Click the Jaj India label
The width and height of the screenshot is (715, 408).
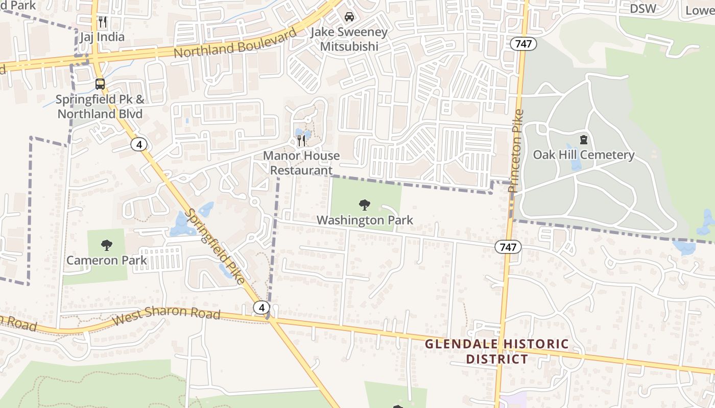tap(102, 37)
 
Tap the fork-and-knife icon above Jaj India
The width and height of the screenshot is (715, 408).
tap(103, 22)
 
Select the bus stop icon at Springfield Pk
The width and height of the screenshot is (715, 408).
tap(100, 84)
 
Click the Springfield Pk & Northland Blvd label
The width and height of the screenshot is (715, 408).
tap(100, 107)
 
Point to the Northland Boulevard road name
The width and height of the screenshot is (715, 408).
tap(235, 44)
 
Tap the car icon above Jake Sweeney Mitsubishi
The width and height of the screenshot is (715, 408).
tap(349, 17)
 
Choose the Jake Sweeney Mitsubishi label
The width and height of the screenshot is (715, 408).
tap(349, 39)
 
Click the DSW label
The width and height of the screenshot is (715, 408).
tap(642, 9)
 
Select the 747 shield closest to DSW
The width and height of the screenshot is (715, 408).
tap(523, 44)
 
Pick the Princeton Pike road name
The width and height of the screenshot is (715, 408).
tap(516, 151)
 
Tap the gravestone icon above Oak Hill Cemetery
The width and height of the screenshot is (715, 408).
tap(583, 139)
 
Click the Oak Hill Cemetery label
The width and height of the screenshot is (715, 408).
tap(584, 155)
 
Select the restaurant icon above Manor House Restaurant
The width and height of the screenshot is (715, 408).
tap(302, 140)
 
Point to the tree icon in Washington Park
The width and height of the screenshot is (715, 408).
tap(365, 205)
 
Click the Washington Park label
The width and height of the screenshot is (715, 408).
tap(365, 220)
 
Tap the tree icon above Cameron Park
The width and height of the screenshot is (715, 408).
tap(107, 245)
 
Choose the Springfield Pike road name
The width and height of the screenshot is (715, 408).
tap(216, 246)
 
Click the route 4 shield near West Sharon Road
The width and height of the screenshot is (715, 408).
tap(261, 307)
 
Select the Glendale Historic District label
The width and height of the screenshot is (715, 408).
tap(496, 351)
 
